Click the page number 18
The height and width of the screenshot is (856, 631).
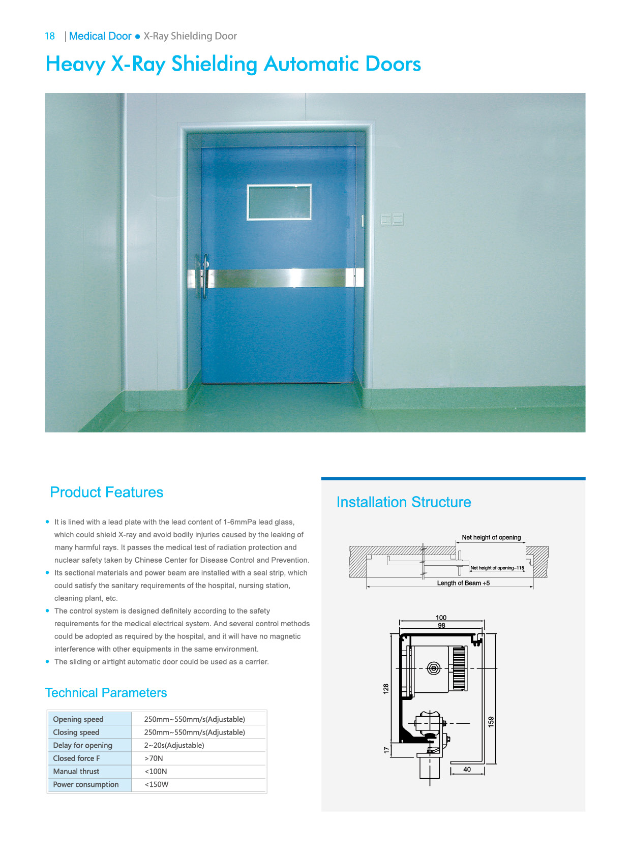(x=50, y=36)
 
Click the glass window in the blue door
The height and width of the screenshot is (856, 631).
(x=279, y=202)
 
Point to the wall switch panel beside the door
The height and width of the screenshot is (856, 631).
(x=392, y=220)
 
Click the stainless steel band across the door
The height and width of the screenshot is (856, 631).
(x=280, y=279)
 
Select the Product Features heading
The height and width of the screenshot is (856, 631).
(x=106, y=492)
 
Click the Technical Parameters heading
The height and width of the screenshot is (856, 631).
(x=106, y=693)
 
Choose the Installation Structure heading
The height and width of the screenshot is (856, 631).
(x=404, y=502)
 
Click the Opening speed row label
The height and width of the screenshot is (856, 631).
(x=78, y=719)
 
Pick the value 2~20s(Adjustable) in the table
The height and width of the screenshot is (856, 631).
(x=174, y=745)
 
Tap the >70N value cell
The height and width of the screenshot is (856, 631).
(x=154, y=758)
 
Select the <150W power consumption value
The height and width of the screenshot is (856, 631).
(x=157, y=784)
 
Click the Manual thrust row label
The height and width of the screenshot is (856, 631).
(x=76, y=771)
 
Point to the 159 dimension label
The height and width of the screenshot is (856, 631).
(x=491, y=722)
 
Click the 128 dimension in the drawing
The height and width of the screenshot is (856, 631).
(x=386, y=689)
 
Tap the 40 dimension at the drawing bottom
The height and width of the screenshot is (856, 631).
(x=467, y=770)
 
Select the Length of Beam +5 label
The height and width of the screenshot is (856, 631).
(x=463, y=583)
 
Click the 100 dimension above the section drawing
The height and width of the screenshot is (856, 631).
(x=441, y=618)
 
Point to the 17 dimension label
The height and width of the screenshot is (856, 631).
(x=386, y=750)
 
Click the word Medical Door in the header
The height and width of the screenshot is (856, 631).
(x=100, y=36)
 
